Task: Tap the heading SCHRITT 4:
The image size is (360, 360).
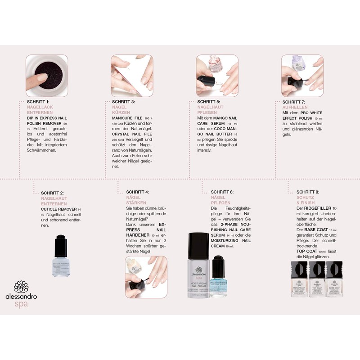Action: pyautogui.click(x=138, y=192)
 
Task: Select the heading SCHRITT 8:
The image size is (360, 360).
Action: pyautogui.click(x=308, y=192)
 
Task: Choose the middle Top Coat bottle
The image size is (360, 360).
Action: pyautogui.click(x=319, y=281)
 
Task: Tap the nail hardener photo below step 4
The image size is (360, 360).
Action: pyautogui.click(x=139, y=277)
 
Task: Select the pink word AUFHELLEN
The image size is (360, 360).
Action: pyautogui.click(x=295, y=108)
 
